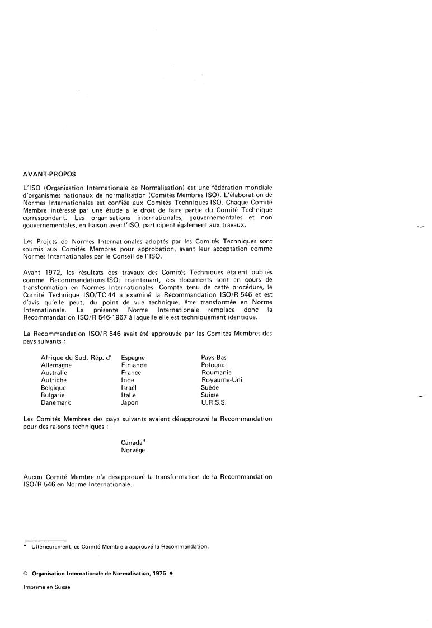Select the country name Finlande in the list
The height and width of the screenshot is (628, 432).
click(x=134, y=365)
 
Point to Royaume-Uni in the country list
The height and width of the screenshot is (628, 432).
click(x=222, y=380)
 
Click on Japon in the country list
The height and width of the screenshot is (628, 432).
click(x=129, y=402)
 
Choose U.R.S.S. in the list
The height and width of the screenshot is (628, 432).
click(x=215, y=402)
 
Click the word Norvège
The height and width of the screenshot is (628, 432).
click(x=133, y=450)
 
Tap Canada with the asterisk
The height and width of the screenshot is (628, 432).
click(x=133, y=442)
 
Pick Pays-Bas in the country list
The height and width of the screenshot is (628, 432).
click(x=214, y=357)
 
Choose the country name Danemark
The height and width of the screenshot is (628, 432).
click(x=56, y=402)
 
